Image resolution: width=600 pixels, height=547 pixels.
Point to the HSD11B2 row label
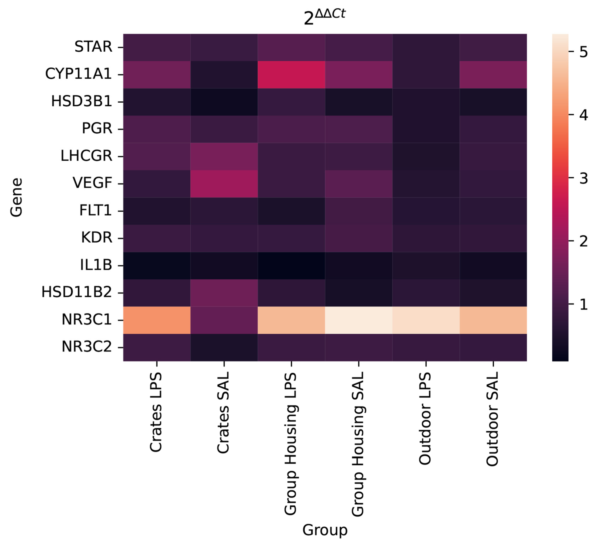(77, 292)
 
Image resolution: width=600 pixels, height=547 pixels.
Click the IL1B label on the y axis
(96, 265)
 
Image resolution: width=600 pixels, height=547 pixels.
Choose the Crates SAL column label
(223, 412)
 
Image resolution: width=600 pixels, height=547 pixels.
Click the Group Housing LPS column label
(291, 444)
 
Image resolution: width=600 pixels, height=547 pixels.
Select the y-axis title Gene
(16, 197)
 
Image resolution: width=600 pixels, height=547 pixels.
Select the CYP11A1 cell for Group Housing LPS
(291, 74)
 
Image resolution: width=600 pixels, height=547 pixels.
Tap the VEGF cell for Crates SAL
(224, 184)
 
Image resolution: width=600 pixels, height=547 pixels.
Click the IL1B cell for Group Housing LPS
(291, 266)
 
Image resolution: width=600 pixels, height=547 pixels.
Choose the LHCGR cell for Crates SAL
(224, 156)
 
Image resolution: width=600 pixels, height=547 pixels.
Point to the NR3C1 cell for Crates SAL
(224, 320)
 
